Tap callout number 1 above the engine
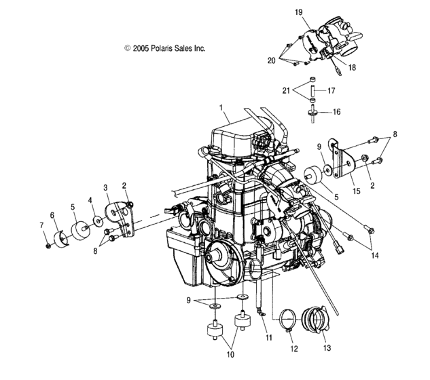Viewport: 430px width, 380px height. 221,107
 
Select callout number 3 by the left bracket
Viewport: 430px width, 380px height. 105,187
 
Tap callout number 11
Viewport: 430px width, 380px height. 268,337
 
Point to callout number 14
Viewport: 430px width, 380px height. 374,256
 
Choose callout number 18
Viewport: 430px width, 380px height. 352,68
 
